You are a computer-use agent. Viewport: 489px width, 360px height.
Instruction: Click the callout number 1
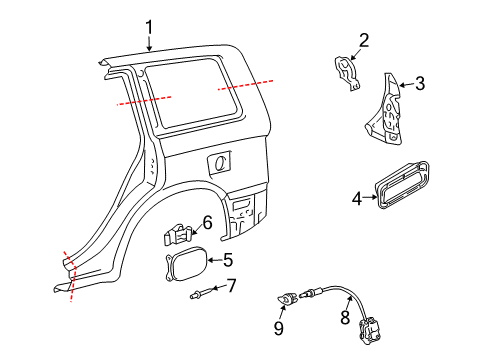click(149, 27)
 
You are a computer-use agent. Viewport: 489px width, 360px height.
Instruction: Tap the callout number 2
click(364, 41)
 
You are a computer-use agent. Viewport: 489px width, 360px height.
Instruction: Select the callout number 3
click(419, 84)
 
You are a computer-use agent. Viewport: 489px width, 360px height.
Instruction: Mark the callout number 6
click(208, 221)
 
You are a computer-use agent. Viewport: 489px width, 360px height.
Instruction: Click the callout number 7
click(230, 287)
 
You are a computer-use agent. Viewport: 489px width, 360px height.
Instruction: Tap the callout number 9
click(280, 327)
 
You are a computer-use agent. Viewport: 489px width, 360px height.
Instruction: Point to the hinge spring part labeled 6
click(178, 237)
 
